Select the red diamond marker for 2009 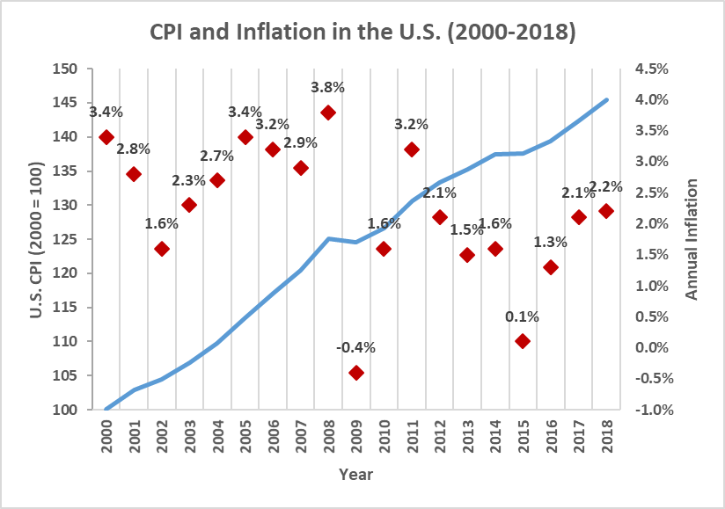click(356, 373)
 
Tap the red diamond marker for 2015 click(523, 341)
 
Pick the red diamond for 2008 click(328, 113)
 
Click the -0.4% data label click(355, 347)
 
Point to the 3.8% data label click(327, 87)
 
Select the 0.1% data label click(523, 316)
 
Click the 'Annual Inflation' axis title click(692, 239)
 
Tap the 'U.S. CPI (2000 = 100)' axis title click(36, 239)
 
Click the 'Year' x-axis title click(356, 475)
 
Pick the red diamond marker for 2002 click(162, 249)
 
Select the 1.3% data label click(550, 242)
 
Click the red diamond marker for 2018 click(606, 211)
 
